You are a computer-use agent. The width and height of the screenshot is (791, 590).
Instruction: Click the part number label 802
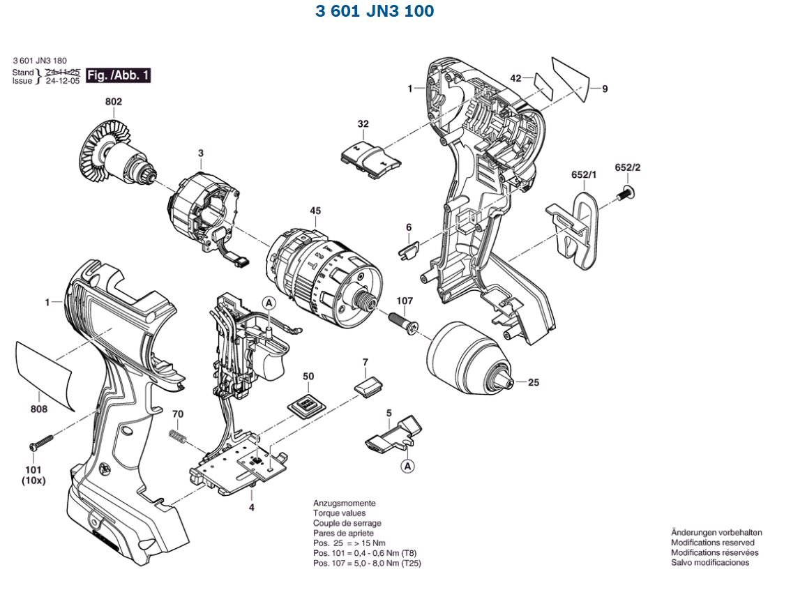(x=114, y=102)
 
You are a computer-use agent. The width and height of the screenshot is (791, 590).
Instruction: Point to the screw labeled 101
(x=41, y=442)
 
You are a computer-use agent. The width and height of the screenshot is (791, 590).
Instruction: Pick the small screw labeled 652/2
(x=624, y=193)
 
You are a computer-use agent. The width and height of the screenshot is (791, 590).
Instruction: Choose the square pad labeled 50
(x=305, y=405)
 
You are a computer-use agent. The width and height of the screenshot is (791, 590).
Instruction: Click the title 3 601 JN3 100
(x=375, y=11)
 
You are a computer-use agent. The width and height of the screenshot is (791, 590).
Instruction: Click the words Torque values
(x=340, y=513)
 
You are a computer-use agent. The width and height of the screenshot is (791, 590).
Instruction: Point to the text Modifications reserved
(x=712, y=542)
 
